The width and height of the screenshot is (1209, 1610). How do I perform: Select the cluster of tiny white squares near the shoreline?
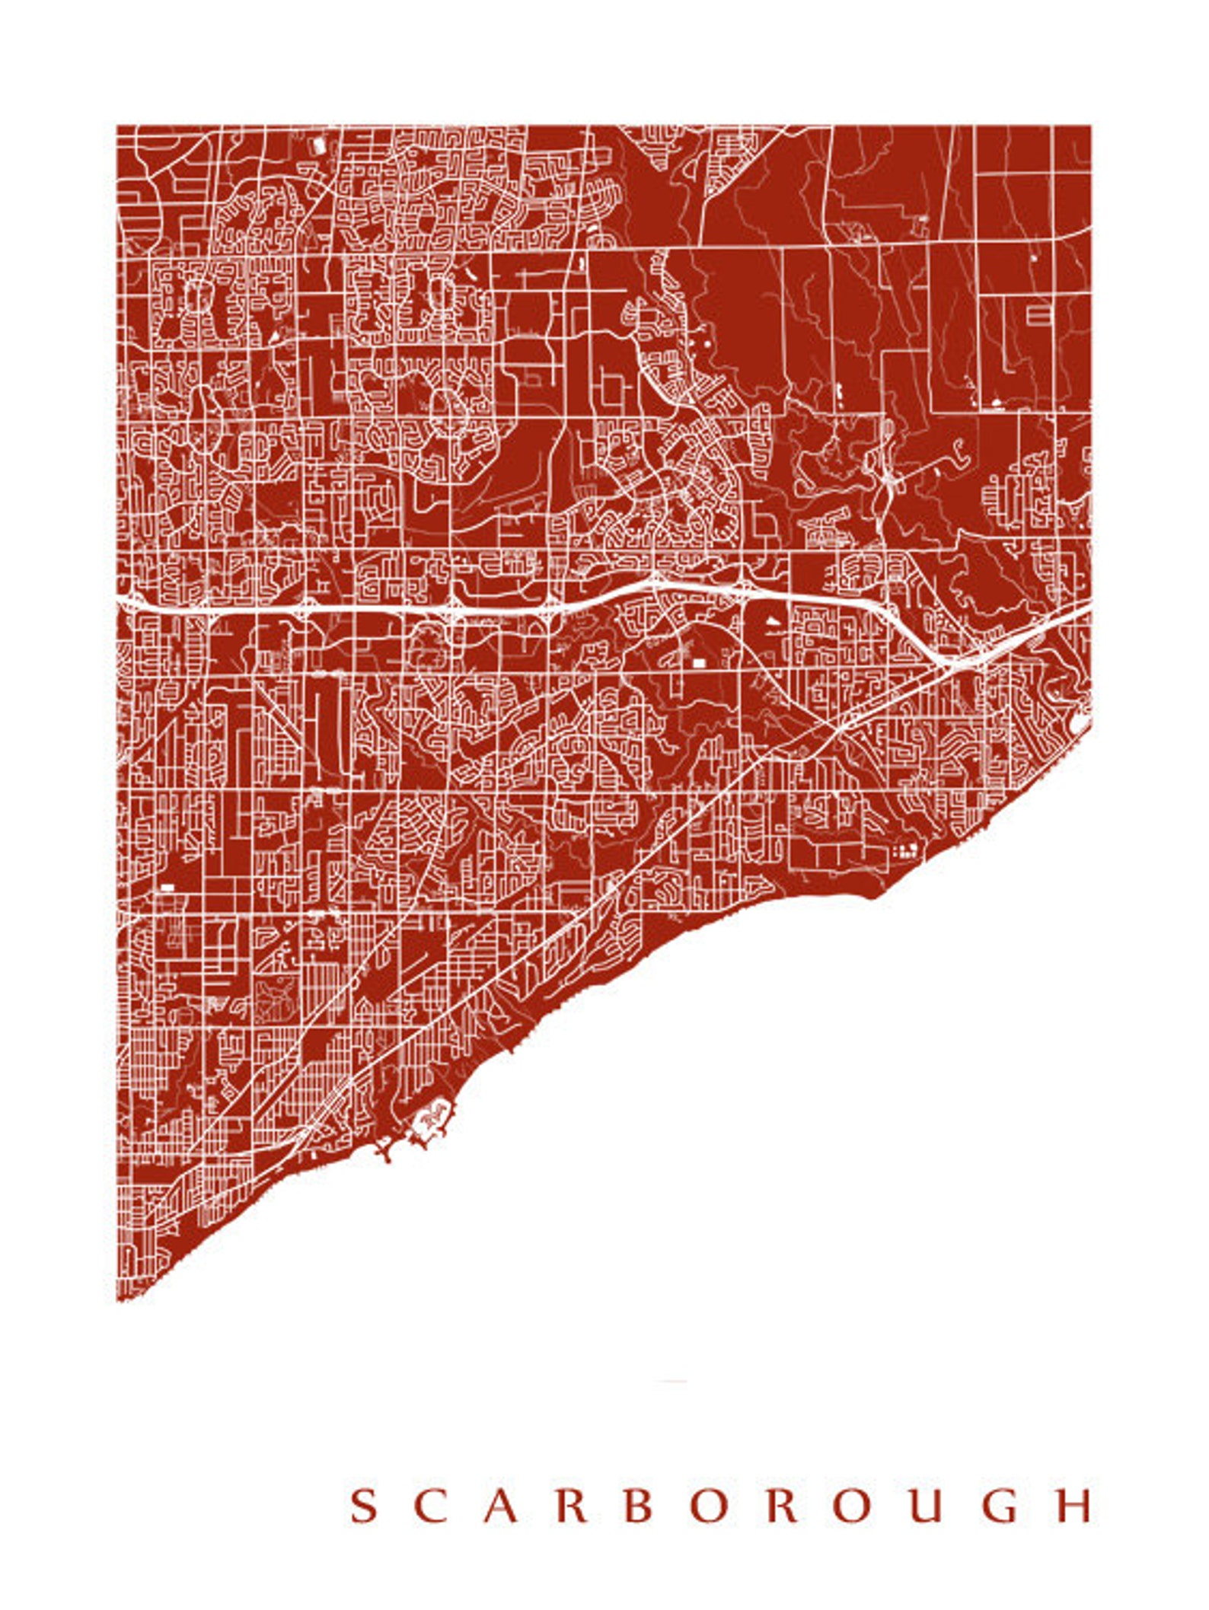(905, 850)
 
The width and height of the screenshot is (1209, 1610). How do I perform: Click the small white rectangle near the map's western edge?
(167, 888)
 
